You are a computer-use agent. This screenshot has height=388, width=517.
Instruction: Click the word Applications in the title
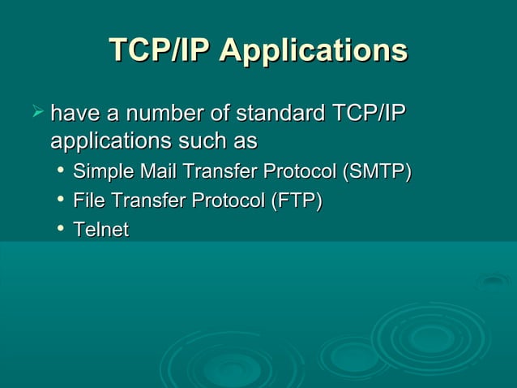[x=313, y=50]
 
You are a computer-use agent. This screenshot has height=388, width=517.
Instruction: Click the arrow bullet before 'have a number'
[x=36, y=110]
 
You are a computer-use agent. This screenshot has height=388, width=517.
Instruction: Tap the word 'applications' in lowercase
[x=107, y=142]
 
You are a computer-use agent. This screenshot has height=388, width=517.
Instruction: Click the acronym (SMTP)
[x=377, y=173]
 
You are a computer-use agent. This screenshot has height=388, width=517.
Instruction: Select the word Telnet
[x=100, y=231]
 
